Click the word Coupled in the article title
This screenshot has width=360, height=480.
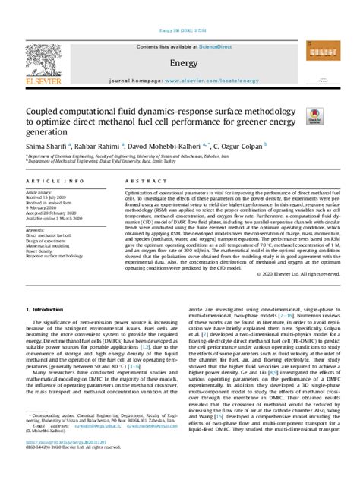pos(45,112)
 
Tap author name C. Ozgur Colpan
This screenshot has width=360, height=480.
pos(248,147)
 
